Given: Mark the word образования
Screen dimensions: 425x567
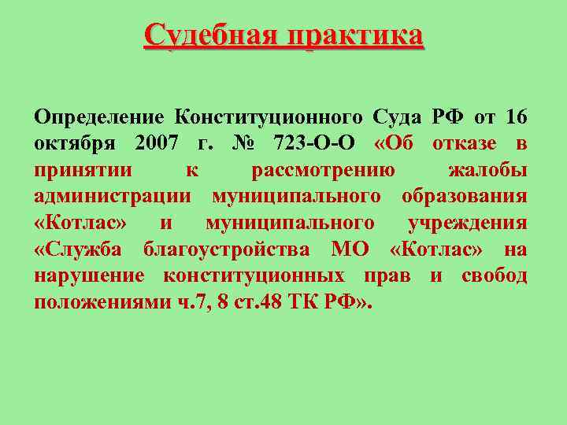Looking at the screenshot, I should point(464,196).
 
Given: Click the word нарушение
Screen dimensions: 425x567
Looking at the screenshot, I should point(89,276).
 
